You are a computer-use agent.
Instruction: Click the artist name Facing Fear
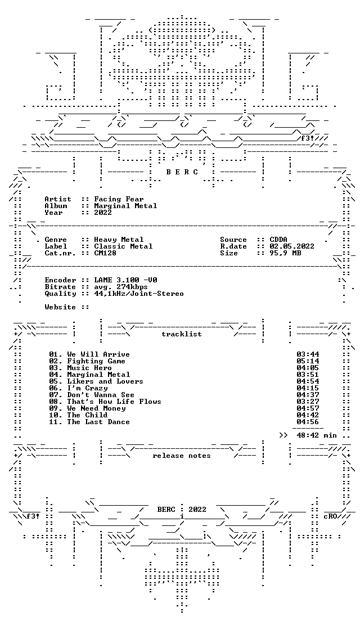click(119, 199)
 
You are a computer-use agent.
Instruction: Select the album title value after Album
click(125, 206)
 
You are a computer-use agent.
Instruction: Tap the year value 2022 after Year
click(103, 213)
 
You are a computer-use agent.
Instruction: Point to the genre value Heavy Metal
click(119, 240)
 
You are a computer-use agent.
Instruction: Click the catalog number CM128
click(105, 253)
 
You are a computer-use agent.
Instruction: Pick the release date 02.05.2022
click(292, 246)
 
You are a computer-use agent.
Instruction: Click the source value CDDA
click(278, 240)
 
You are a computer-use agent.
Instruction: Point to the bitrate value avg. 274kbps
click(121, 287)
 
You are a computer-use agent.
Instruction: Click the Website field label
click(60, 307)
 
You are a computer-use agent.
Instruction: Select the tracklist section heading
click(182, 334)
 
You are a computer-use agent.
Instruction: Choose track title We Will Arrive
click(98, 354)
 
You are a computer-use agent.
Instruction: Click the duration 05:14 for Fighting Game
click(308, 361)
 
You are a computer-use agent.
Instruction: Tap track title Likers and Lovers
click(105, 381)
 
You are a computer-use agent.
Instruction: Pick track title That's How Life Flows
click(114, 402)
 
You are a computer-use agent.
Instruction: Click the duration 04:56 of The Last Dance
click(308, 422)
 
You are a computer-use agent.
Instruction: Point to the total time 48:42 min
click(317, 435)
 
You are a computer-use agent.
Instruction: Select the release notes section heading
click(182, 456)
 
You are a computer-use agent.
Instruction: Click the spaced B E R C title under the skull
click(182, 172)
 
